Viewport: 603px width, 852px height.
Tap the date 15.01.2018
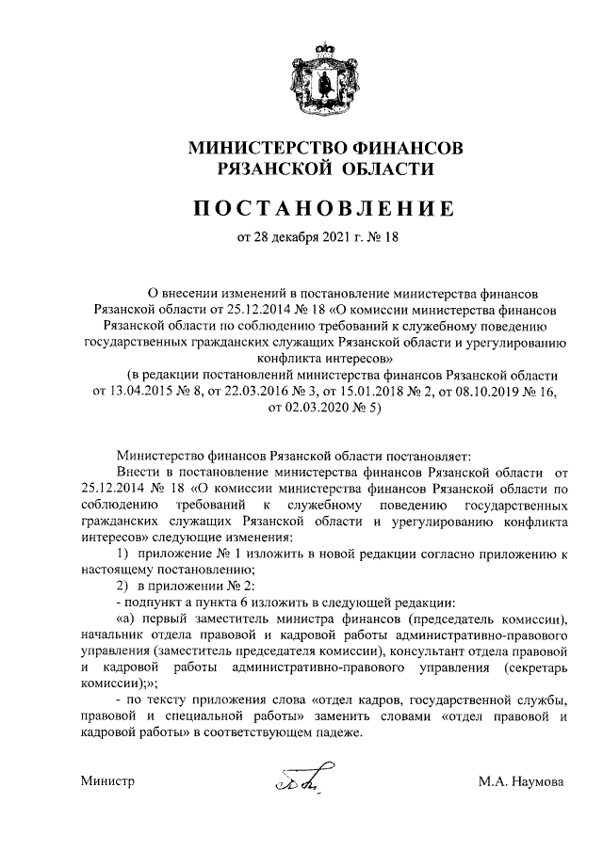(x=354, y=391)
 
